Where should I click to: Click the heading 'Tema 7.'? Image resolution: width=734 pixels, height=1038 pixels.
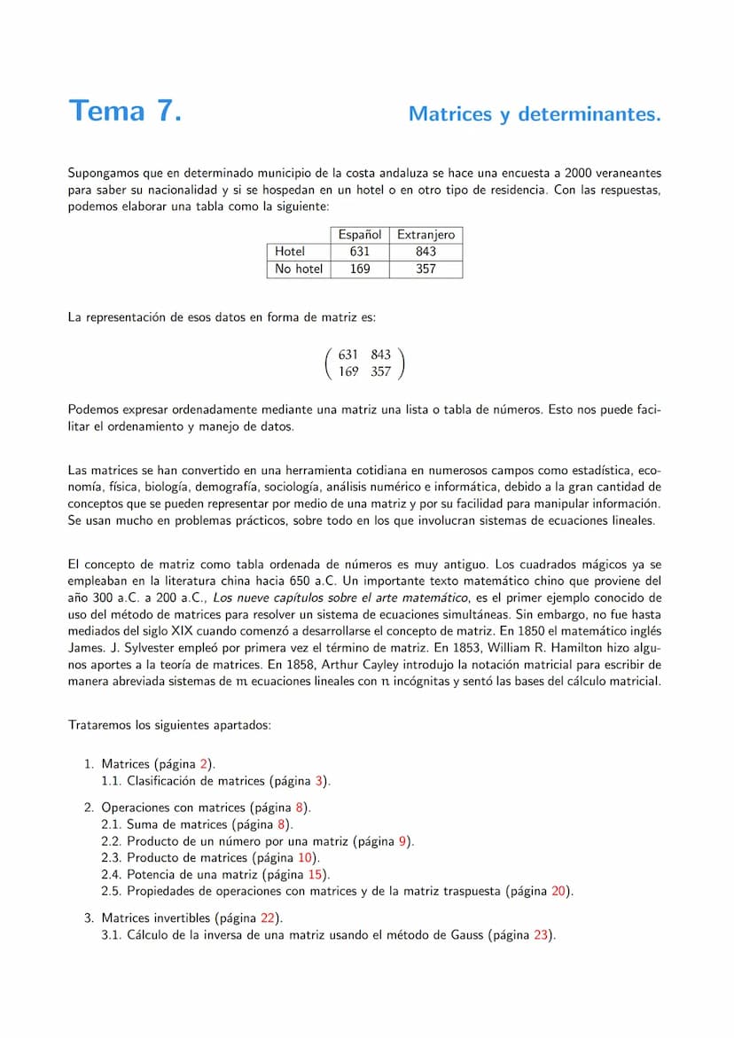(x=125, y=112)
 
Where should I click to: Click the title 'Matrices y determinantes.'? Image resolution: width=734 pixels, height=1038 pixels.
(x=535, y=114)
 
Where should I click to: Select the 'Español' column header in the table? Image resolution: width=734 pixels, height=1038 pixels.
(x=360, y=235)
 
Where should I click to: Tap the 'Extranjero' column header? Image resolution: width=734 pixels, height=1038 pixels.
(x=426, y=235)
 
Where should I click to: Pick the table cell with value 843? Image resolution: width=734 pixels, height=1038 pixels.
(x=426, y=252)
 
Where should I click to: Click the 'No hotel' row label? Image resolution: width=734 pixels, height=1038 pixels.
(x=299, y=269)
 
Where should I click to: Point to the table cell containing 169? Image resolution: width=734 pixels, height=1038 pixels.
(x=360, y=269)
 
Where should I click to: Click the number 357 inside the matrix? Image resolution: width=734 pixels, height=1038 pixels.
(x=381, y=372)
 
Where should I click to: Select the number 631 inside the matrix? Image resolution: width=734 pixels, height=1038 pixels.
(x=349, y=355)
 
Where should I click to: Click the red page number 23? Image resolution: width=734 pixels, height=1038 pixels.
(x=542, y=935)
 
